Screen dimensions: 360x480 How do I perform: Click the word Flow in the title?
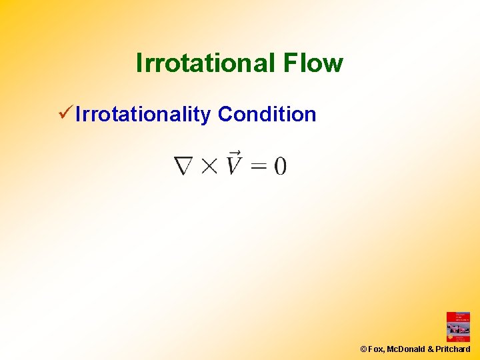coord(313,63)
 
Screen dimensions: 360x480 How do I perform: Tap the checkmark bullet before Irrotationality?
coord(65,113)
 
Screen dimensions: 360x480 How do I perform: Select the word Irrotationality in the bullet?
coord(143,115)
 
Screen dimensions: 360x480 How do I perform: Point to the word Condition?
coord(267,114)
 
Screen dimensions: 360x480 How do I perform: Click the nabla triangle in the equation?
coord(185,165)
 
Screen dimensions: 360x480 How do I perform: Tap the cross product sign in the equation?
coord(209,166)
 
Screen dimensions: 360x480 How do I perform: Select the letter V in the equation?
coord(233,165)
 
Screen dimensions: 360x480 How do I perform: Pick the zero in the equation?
coord(280,165)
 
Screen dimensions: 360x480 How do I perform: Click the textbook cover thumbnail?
coord(458,327)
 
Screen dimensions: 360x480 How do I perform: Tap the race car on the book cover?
coord(458,329)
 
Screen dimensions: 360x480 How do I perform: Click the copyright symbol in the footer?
coord(363,349)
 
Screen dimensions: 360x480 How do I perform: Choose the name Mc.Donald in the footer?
coord(405,349)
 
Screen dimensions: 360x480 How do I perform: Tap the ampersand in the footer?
coord(431,349)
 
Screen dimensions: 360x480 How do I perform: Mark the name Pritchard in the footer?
coord(453,349)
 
